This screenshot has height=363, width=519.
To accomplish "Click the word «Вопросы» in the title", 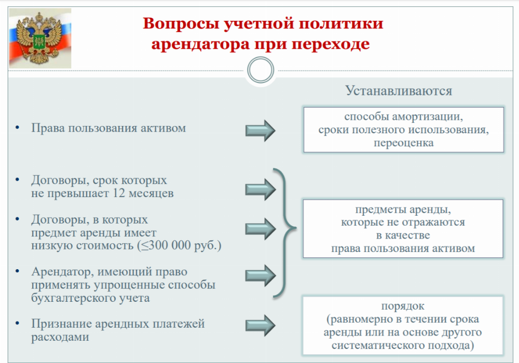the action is click(181, 24).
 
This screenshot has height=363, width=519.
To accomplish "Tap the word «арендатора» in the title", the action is click(200, 44).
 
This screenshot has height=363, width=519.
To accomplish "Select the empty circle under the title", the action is click(261, 70).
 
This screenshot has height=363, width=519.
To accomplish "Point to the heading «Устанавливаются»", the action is click(399, 91).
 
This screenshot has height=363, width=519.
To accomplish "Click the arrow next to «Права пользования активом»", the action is click(260, 130).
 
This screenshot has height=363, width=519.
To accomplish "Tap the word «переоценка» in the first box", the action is click(403, 143).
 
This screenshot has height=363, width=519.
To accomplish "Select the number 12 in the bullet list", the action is click(119, 193).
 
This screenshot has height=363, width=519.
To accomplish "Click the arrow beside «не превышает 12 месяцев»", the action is click(260, 189).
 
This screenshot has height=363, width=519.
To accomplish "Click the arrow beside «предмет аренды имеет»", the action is click(260, 229).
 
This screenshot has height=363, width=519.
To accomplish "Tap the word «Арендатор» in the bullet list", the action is click(62, 272).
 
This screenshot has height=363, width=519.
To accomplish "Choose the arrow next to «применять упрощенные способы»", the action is click(260, 275).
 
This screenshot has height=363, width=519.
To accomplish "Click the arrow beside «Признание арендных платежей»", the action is click(260, 325).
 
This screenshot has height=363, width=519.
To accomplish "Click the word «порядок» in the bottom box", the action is click(403, 306).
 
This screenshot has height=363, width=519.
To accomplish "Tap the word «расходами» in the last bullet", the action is click(60, 337).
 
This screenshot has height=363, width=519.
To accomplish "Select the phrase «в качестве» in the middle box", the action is click(403, 235).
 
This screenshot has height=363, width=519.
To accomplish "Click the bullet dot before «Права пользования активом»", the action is click(17, 128).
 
